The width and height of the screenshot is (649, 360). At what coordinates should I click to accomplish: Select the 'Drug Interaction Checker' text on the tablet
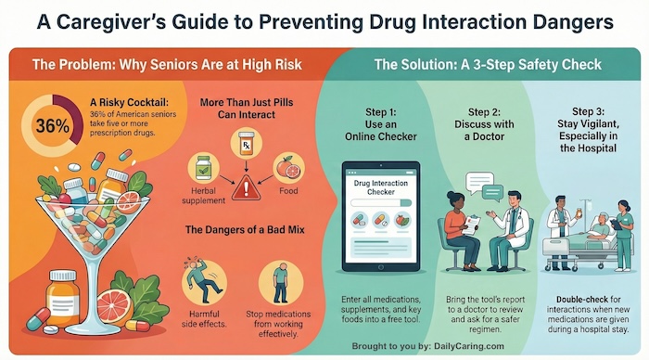[382, 189]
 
